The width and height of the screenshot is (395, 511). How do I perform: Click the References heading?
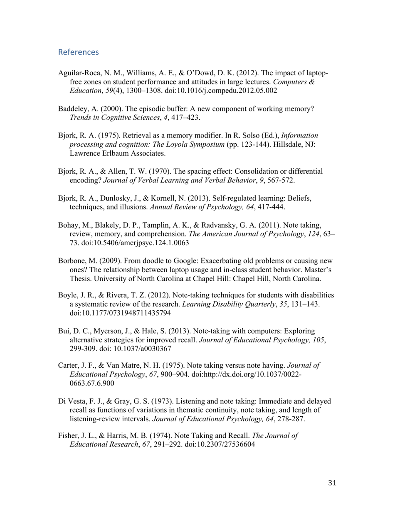[x=79, y=52]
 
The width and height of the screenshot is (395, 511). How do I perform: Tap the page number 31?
[x=332, y=483]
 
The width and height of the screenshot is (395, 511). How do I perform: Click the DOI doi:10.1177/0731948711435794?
[x=120, y=313]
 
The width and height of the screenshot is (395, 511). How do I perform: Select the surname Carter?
[x=68, y=366]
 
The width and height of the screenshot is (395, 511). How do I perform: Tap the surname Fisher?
[x=68, y=436]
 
